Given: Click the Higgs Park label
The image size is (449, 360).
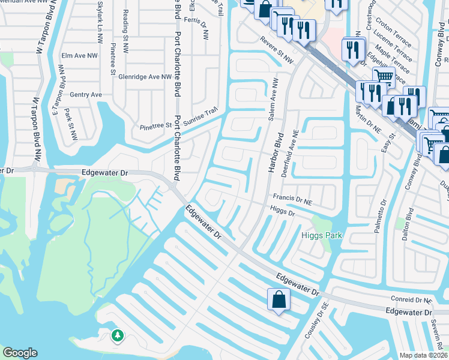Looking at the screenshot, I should click(321, 235).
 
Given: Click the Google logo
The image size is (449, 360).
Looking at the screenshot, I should click(20, 353).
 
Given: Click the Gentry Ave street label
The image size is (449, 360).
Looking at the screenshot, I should click(86, 95).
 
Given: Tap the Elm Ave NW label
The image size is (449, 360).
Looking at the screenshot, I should click(79, 56).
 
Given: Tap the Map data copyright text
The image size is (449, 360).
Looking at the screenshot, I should click(424, 355).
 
